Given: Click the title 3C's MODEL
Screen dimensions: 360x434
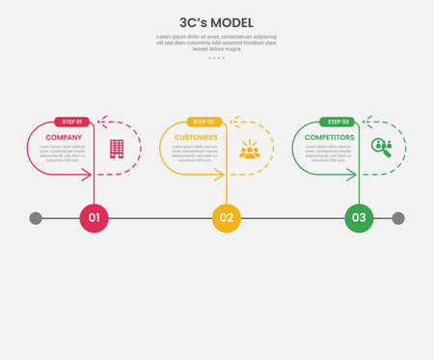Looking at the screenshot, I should click(x=216, y=21).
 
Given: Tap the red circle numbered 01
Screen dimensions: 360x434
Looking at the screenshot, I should click(x=94, y=218).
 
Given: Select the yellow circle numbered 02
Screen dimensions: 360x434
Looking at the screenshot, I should click(x=227, y=218).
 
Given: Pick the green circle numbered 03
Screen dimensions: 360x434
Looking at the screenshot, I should click(x=359, y=218).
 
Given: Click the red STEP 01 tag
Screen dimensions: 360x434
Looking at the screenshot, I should click(x=72, y=122).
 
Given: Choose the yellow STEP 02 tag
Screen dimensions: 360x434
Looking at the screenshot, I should click(x=204, y=122).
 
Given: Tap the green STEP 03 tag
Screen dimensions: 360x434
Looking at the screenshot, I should click(x=338, y=122).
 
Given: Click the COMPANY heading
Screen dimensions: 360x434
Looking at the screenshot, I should click(x=64, y=137).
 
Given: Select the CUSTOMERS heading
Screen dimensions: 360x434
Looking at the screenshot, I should click(x=196, y=137).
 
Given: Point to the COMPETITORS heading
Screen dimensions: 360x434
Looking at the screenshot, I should click(x=329, y=137).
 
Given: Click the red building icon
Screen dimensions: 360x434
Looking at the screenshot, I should click(x=117, y=148).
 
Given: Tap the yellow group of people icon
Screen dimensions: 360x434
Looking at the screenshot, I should click(x=250, y=149).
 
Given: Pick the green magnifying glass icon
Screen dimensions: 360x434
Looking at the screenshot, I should click(x=382, y=148).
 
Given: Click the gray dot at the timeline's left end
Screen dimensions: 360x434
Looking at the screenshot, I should click(x=36, y=218).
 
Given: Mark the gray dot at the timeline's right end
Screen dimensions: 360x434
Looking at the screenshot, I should click(x=398, y=218).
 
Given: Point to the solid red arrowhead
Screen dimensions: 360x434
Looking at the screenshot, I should click(x=89, y=175).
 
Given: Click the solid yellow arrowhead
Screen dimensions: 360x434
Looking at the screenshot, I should click(x=221, y=175).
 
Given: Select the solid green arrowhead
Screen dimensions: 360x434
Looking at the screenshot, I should click(x=353, y=175).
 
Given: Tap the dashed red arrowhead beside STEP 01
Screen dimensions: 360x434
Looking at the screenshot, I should click(x=100, y=123).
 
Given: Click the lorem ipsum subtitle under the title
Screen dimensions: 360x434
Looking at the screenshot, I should click(x=216, y=42).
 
